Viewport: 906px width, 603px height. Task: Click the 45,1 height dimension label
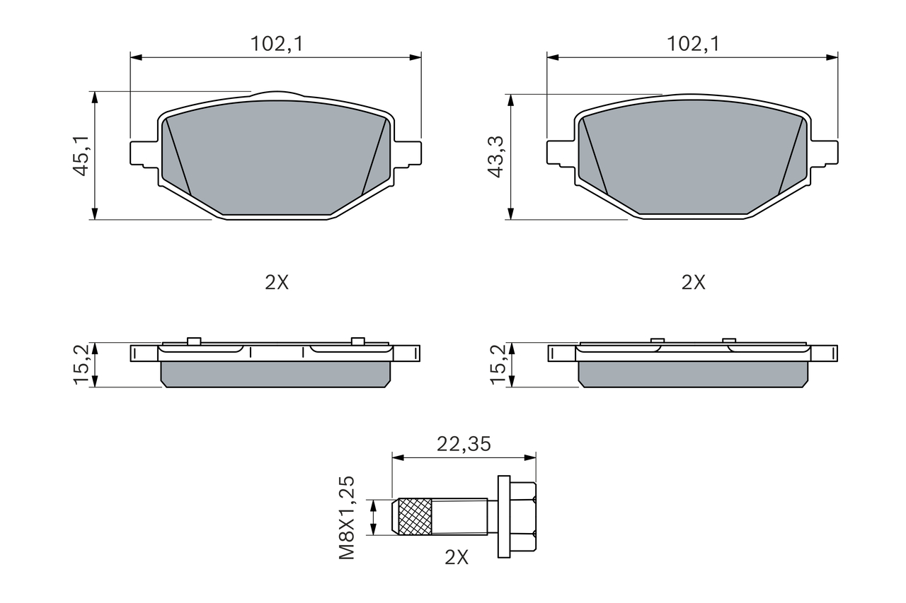[81, 156]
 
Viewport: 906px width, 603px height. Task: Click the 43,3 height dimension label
[496, 157]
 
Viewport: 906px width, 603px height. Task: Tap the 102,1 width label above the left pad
[277, 44]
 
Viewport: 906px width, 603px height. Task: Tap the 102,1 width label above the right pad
[693, 44]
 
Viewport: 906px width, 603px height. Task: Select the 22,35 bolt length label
[464, 444]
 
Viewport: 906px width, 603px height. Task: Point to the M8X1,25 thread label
[347, 517]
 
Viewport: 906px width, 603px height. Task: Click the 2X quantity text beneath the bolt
[457, 557]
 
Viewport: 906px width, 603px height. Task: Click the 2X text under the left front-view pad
[277, 282]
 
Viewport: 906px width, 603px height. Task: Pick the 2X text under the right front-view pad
[693, 282]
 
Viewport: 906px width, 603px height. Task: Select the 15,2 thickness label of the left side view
[81, 365]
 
